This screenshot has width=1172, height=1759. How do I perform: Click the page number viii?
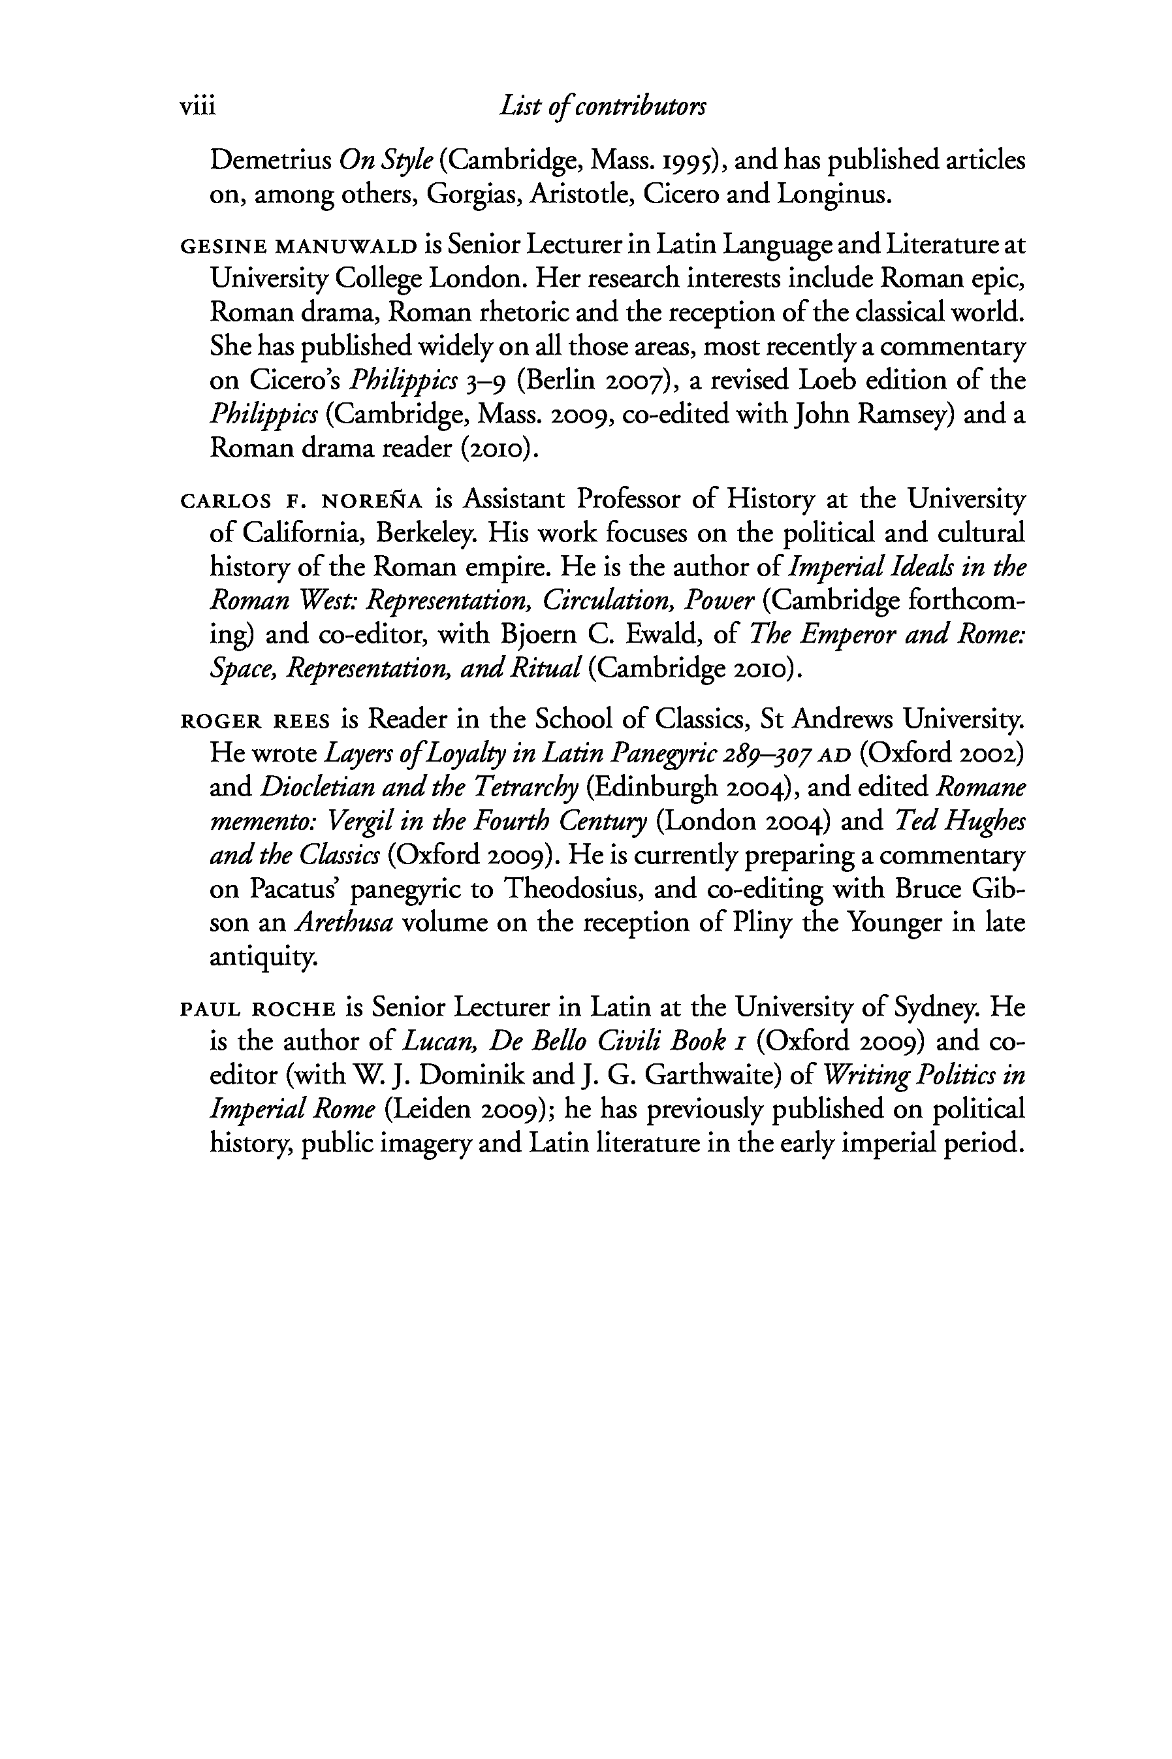point(197,107)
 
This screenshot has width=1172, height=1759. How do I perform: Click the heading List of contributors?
point(603,107)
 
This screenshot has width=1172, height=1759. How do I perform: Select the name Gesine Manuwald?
point(298,246)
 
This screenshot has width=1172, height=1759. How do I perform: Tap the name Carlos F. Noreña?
point(301,498)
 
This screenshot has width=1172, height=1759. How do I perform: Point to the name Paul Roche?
point(257,1009)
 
